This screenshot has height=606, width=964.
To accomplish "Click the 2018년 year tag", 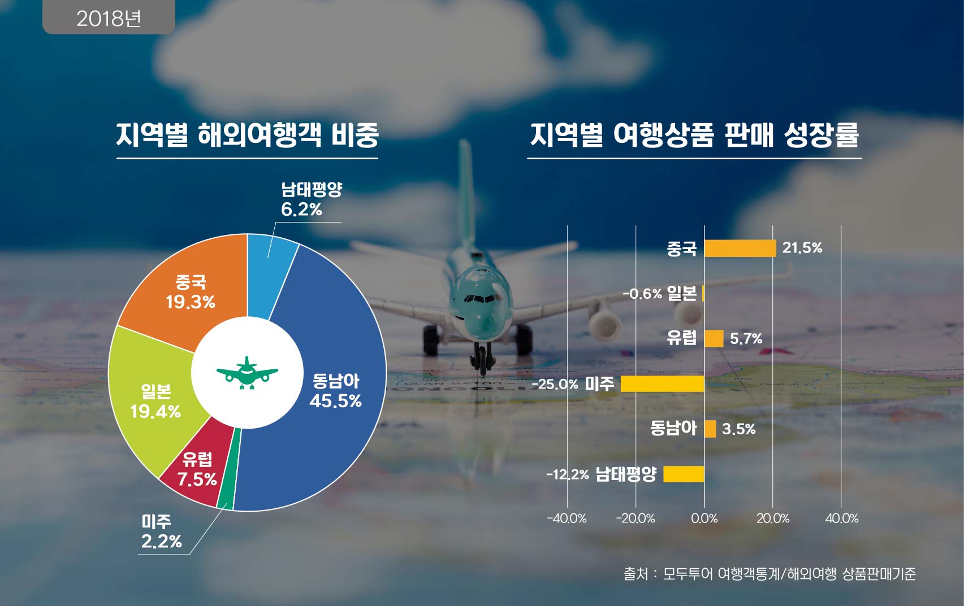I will tap(109, 18).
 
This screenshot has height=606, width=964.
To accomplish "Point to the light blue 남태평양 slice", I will tap(271, 265).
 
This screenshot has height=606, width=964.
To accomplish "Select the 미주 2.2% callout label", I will tap(161, 531).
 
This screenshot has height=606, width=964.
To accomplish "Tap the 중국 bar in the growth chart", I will tap(740, 248).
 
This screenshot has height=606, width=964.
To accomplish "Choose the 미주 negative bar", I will tap(662, 384).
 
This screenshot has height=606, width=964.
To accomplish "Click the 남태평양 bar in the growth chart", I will tap(684, 474).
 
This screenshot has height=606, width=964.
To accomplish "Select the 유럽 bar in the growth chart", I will tap(714, 339).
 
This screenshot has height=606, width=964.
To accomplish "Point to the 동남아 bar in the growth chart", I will tap(710, 429).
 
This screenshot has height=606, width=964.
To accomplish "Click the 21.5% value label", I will tap(802, 248).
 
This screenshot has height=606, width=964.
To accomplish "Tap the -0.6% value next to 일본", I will tap(642, 294).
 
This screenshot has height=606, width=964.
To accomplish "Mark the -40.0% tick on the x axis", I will tap(567, 518).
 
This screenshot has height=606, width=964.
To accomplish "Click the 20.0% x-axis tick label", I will tap(772, 518).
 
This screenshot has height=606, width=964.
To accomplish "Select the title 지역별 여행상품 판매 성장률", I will tap(694, 136).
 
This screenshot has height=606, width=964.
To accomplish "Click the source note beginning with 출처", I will tap(770, 574).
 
